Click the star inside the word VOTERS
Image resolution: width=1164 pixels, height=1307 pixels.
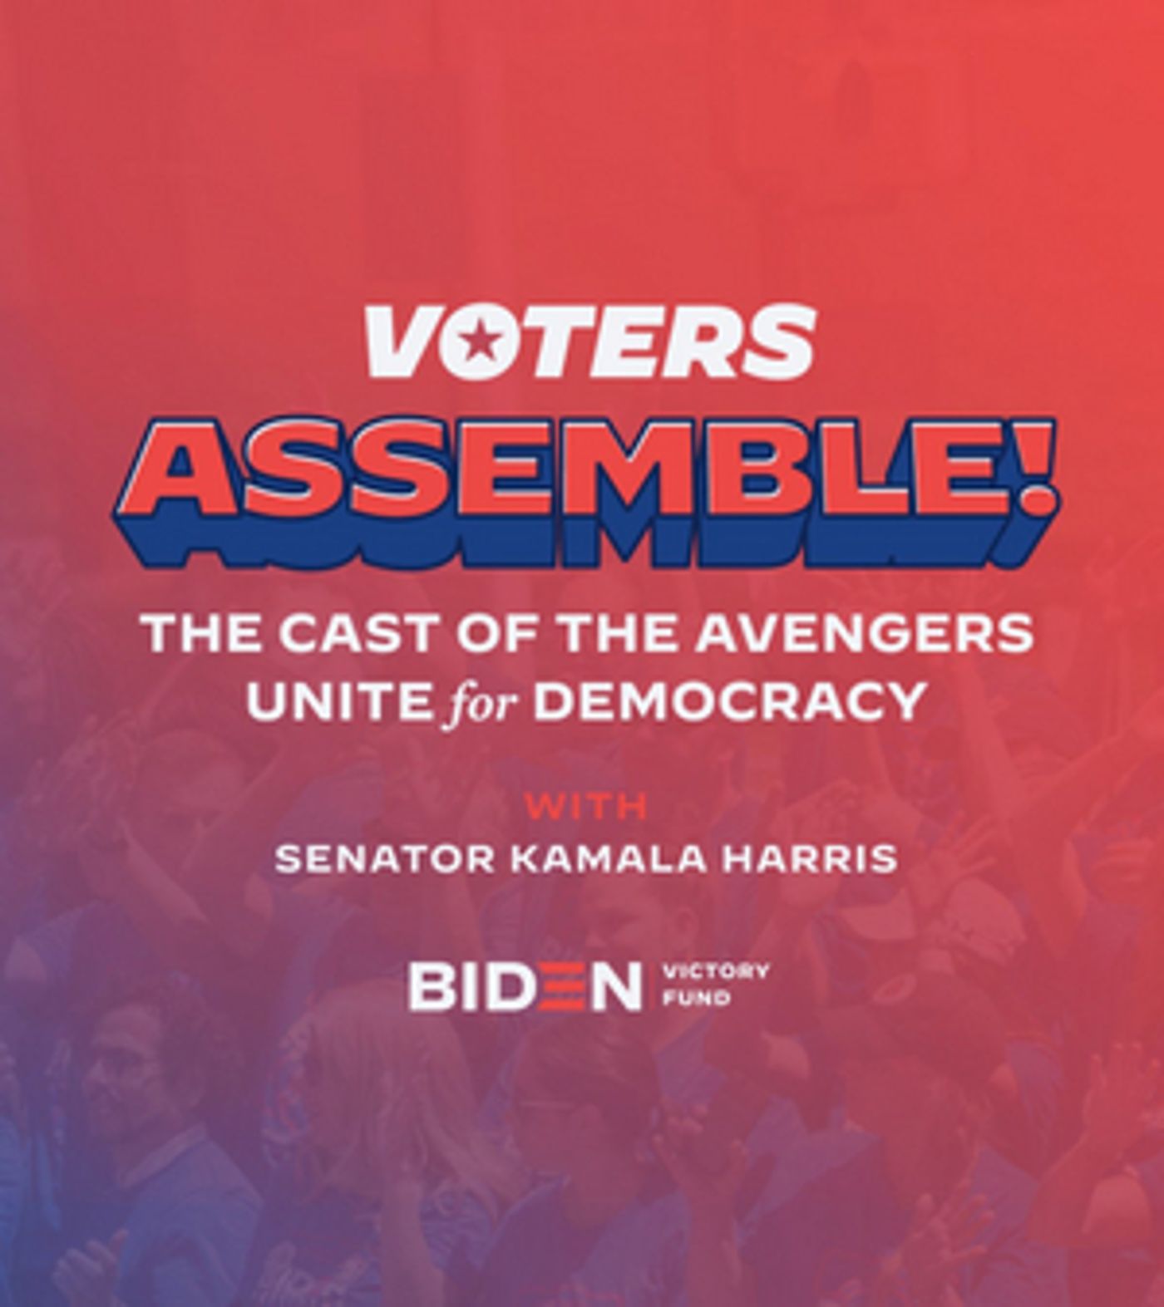point(476,340)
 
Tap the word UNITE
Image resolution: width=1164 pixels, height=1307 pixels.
point(336,701)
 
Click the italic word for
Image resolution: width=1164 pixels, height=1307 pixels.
point(481,703)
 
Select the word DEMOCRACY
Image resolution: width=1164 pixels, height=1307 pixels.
point(729,701)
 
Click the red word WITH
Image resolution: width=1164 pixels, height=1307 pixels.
point(585,806)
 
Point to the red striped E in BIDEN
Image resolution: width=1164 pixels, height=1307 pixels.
point(554,985)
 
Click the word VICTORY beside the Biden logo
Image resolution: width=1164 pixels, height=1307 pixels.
point(715,971)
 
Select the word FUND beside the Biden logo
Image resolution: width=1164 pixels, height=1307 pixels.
point(684,997)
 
